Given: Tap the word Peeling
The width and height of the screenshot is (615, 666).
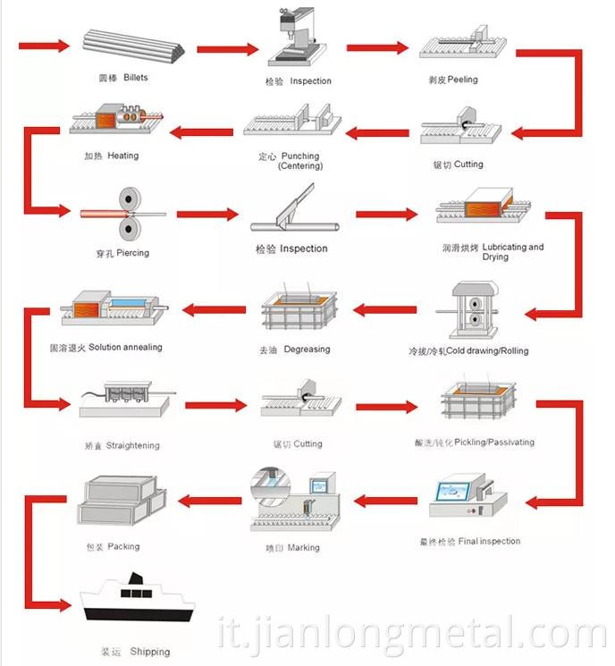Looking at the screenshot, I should click(462, 80).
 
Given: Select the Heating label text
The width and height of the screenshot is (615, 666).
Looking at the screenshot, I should click(122, 156).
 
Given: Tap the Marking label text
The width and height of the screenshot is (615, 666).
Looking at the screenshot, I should click(303, 547).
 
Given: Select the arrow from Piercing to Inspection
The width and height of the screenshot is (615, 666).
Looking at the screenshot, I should click(207, 215).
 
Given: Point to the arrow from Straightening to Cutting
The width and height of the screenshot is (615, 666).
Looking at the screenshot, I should click(215, 405).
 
